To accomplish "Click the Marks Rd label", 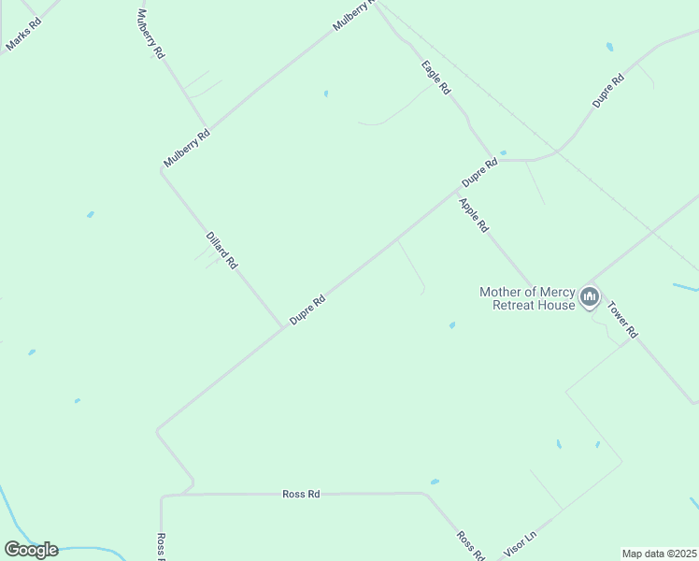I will [x=23, y=34].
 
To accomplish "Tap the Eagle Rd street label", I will [x=436, y=78].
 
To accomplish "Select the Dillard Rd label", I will [x=222, y=251].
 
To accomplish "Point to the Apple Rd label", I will [x=474, y=214].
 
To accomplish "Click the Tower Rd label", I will [x=622, y=319].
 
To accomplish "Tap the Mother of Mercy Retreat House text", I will [x=528, y=298].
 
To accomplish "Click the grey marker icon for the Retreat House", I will [x=590, y=297].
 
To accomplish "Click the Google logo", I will [x=31, y=550].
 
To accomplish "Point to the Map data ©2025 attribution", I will [x=660, y=554].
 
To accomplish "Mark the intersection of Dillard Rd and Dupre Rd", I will [x=283, y=327].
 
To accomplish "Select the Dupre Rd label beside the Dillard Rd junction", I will [x=307, y=310].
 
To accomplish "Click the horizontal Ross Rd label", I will [x=301, y=494].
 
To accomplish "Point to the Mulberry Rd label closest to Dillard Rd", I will [x=187, y=148].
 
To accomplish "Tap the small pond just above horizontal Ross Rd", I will [x=435, y=482].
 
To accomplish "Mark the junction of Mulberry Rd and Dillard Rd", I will [x=162, y=170].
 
